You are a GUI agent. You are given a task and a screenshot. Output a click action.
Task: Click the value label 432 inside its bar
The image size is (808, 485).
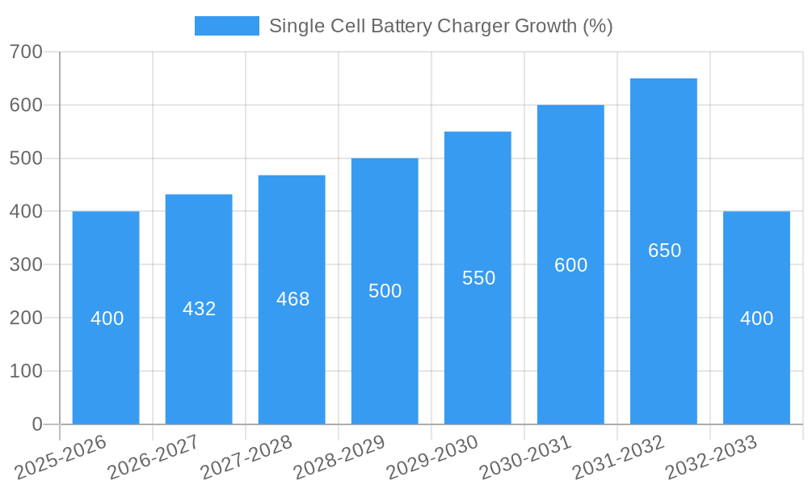199,309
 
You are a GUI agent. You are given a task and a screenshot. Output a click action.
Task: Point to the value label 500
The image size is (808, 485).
385,291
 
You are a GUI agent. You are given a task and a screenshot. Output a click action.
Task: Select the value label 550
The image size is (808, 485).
478,278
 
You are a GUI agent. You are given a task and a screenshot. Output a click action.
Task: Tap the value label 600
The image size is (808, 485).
570,265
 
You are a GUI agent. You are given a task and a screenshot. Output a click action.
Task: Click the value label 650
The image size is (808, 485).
664,251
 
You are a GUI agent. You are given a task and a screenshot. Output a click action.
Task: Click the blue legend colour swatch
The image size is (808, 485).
226,26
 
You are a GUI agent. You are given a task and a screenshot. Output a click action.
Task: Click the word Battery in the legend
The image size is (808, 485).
399,26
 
